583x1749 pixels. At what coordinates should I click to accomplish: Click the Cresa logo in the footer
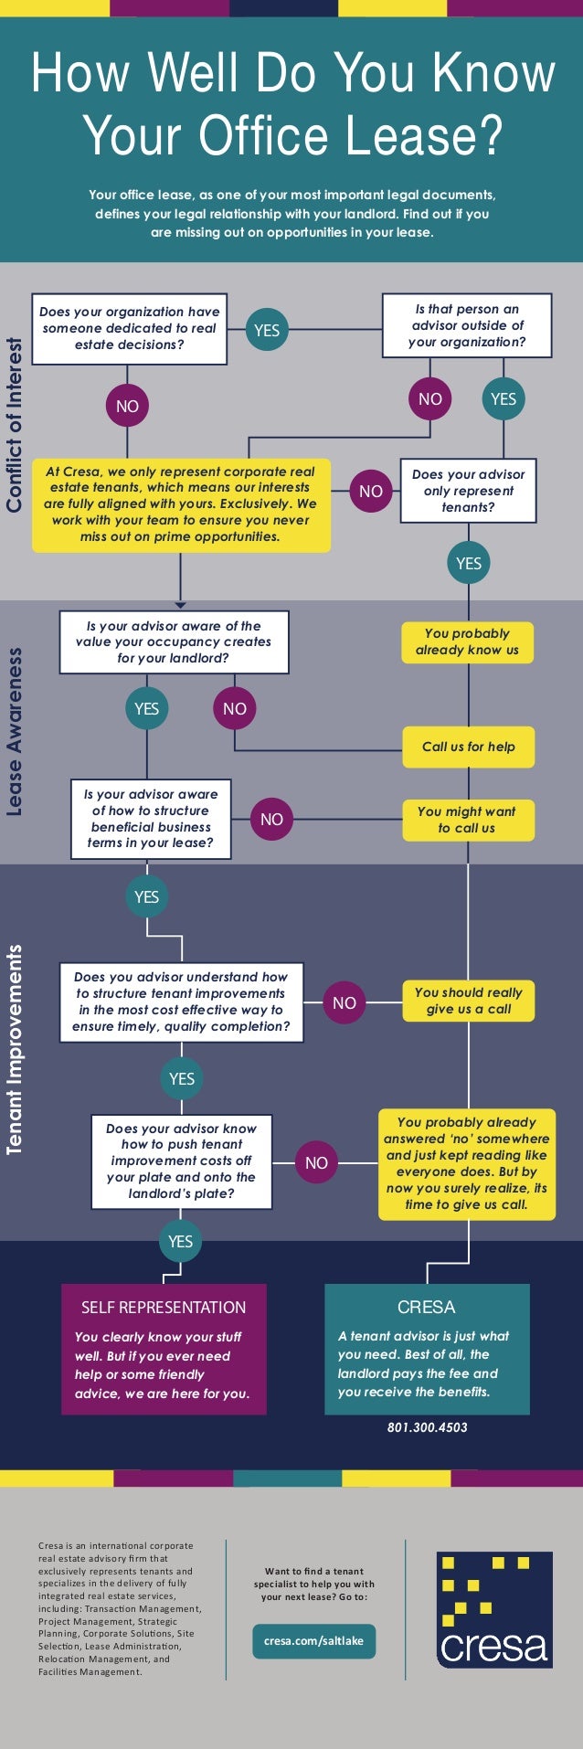pyautogui.click(x=493, y=1609)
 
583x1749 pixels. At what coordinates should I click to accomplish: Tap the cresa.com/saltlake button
pyautogui.click(x=313, y=1640)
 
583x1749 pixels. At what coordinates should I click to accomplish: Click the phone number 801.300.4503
pyautogui.click(x=427, y=1426)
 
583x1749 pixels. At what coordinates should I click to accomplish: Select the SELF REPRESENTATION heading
pyautogui.click(x=164, y=1307)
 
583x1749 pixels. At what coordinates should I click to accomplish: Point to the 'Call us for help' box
pyautogui.click(x=468, y=747)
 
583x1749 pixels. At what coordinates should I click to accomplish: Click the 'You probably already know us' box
pyautogui.click(x=467, y=641)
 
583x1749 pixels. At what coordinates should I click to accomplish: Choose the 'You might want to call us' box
pyautogui.click(x=467, y=820)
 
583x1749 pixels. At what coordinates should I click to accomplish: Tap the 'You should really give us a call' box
pyautogui.click(x=468, y=1001)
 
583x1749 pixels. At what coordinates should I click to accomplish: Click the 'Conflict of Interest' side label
pyautogui.click(x=15, y=425)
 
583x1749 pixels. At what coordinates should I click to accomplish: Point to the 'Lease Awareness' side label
pyautogui.click(x=15, y=732)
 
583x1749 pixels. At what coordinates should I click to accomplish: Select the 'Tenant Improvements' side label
pyautogui.click(x=15, y=1051)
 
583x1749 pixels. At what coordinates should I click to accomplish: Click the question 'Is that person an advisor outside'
pyautogui.click(x=467, y=325)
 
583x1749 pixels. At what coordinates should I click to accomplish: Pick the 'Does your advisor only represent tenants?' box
pyautogui.click(x=468, y=491)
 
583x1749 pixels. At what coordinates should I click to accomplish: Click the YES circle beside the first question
pyautogui.click(x=267, y=330)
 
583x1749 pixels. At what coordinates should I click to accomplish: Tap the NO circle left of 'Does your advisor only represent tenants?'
pyautogui.click(x=371, y=492)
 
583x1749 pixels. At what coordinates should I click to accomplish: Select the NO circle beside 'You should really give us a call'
pyautogui.click(x=344, y=1002)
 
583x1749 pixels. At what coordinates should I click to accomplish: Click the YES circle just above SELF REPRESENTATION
pyautogui.click(x=181, y=1241)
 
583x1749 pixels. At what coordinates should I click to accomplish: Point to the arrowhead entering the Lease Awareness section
pyautogui.click(x=180, y=604)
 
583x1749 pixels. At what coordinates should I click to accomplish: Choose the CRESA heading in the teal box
pyautogui.click(x=427, y=1307)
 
